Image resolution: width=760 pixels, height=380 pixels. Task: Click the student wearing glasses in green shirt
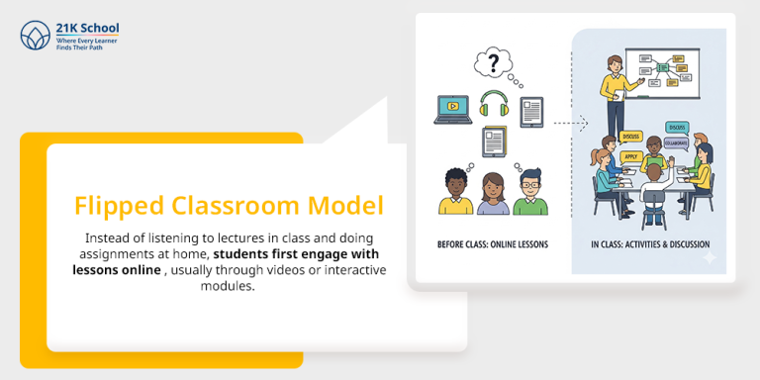pyautogui.click(x=529, y=193)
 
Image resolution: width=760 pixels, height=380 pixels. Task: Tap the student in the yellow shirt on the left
pyautogui.click(x=456, y=193)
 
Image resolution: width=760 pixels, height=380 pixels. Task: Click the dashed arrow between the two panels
pyautogui.click(x=570, y=125)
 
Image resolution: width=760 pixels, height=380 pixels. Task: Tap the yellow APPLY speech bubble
pyautogui.click(x=630, y=156)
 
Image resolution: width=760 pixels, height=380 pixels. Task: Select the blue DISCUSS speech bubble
pyautogui.click(x=677, y=128)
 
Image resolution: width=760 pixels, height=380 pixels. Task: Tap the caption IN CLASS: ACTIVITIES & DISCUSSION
pyautogui.click(x=650, y=243)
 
